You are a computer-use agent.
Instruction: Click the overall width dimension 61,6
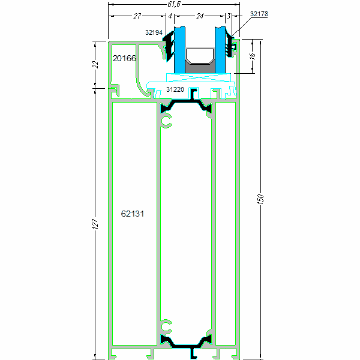tap(174, 4)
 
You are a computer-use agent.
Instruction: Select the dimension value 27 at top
tap(137, 16)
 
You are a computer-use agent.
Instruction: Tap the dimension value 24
tap(200, 16)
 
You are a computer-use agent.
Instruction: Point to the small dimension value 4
tap(170, 16)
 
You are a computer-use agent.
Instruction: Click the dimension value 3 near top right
tap(229, 16)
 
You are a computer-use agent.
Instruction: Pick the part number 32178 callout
tap(259, 14)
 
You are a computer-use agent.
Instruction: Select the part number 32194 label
tap(154, 32)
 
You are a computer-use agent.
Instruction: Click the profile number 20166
tap(124, 58)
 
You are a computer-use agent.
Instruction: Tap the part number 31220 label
tap(175, 89)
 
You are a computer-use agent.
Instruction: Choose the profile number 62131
tap(132, 214)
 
